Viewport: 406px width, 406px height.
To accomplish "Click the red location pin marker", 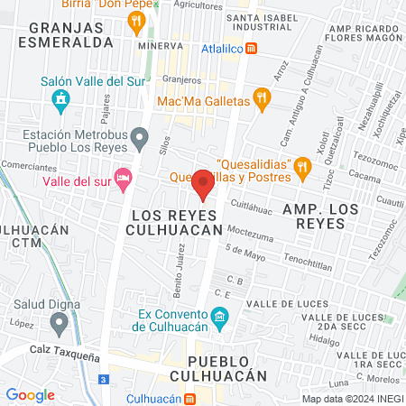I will [203, 184].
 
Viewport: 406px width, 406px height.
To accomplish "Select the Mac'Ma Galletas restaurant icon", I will [263, 100].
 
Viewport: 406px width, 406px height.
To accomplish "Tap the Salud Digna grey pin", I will [60, 321].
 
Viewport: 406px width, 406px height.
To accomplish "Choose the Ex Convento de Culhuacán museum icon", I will [218, 318].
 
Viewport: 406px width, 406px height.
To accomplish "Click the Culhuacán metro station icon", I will [190, 398].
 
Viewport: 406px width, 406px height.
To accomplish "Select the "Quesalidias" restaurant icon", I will [303, 165].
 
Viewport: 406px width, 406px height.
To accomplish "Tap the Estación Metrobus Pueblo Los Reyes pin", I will [139, 139].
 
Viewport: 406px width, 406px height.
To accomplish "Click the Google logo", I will [30, 394].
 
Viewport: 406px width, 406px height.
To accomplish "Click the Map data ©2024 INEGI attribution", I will [352, 398].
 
